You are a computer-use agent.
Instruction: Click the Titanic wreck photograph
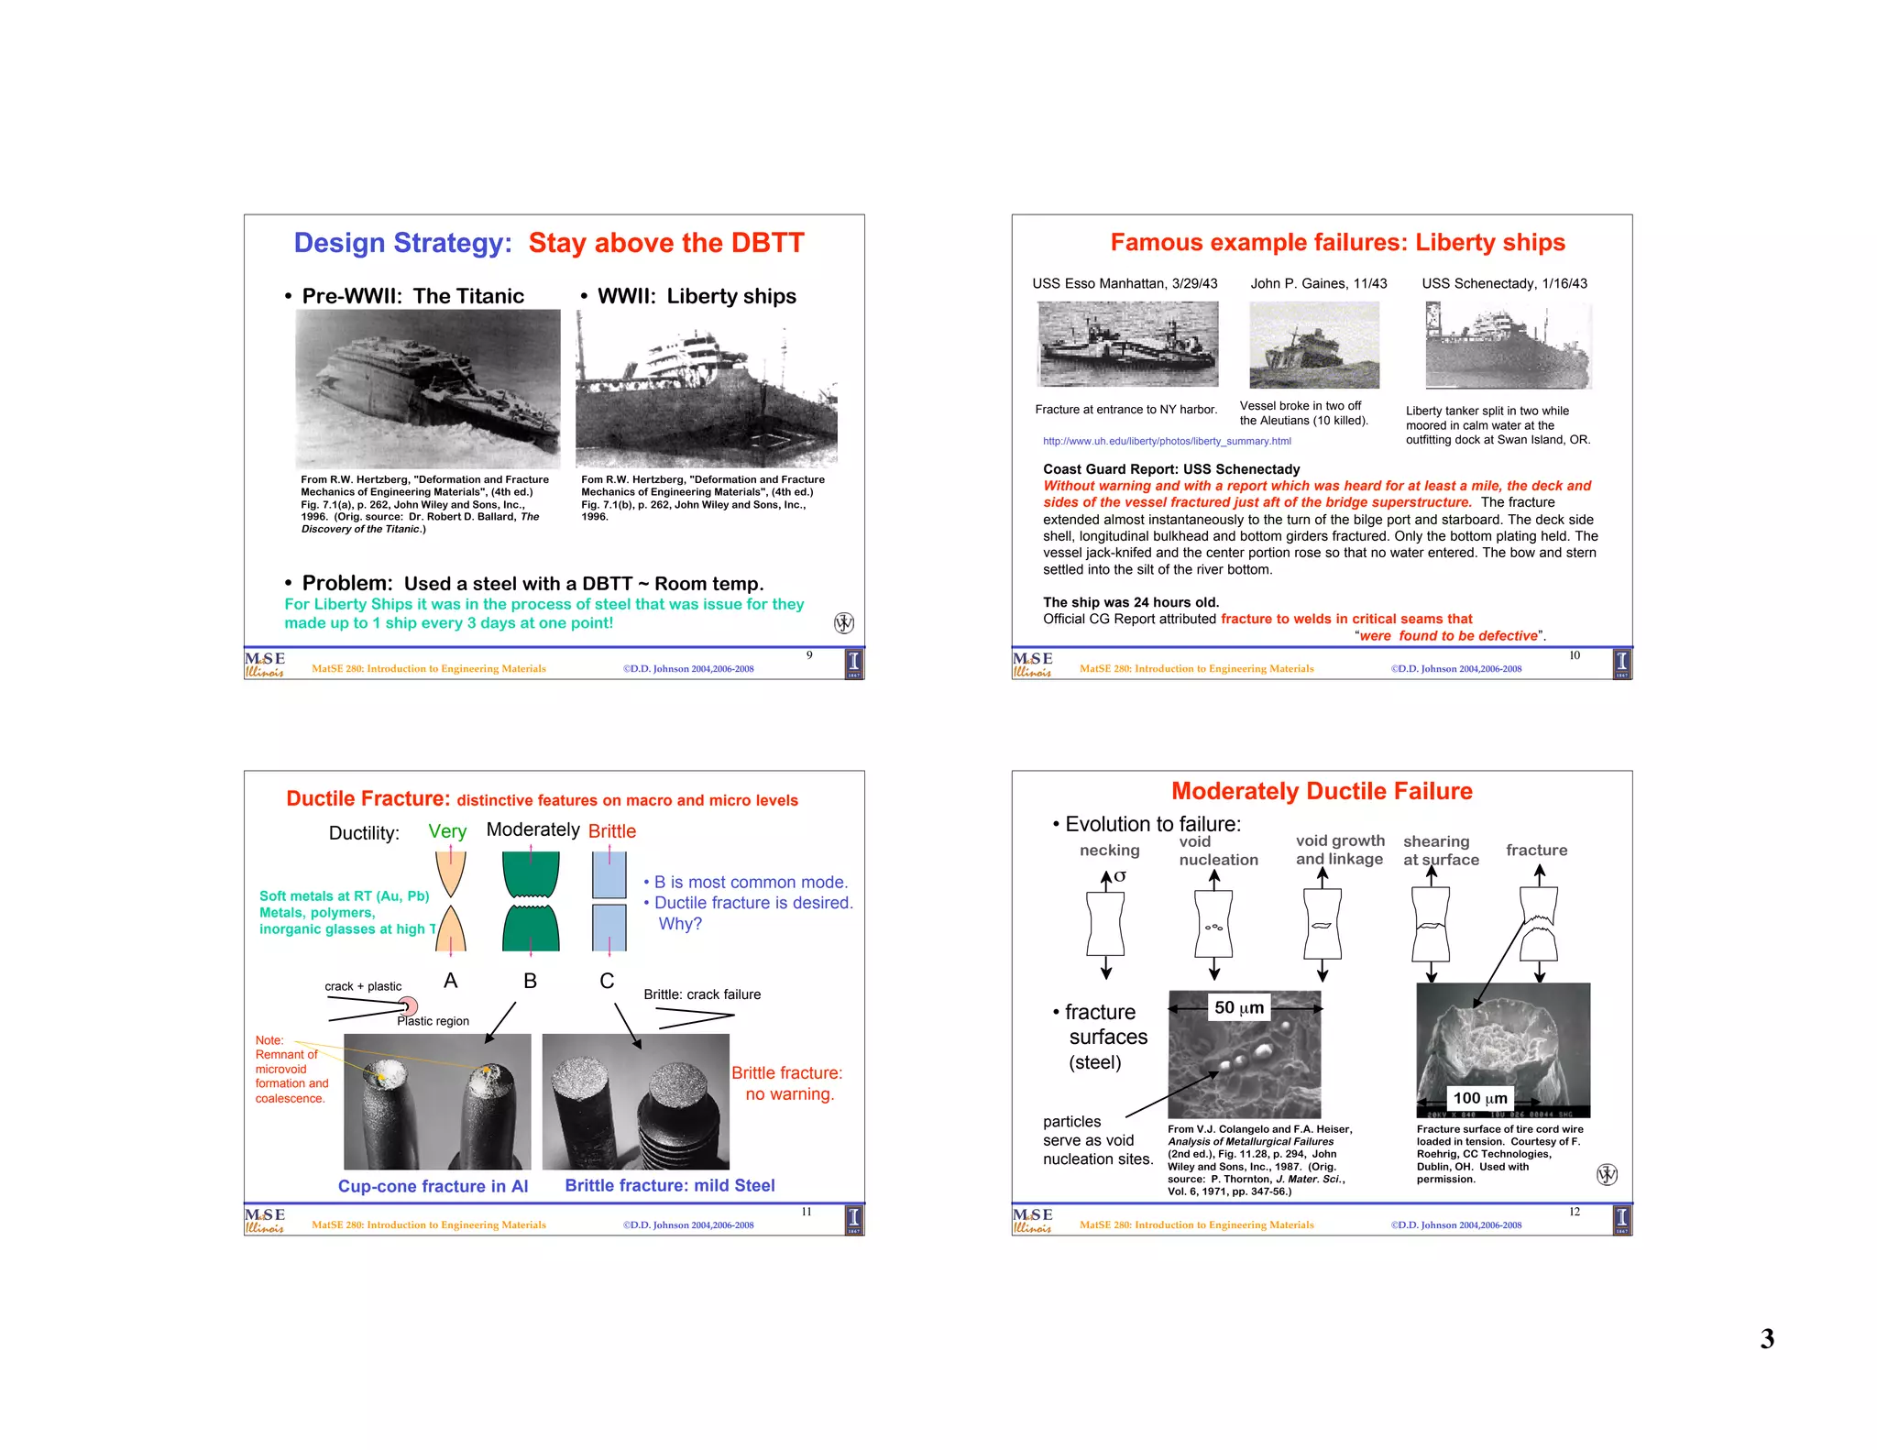(x=427, y=389)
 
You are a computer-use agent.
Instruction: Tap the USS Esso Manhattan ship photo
(x=1127, y=345)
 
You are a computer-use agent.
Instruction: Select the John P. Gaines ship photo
(x=1313, y=346)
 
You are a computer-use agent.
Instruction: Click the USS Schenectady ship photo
(x=1508, y=346)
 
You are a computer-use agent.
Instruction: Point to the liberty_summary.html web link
(x=1166, y=441)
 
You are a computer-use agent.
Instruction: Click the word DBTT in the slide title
(x=760, y=243)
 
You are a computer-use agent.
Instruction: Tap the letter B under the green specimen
(x=530, y=981)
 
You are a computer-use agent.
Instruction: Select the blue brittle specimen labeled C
(x=609, y=901)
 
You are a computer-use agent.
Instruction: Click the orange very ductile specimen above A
(x=450, y=901)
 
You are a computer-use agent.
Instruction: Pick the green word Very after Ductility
(x=447, y=831)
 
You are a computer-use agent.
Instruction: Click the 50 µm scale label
(x=1238, y=1007)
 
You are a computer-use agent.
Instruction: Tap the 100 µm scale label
(x=1479, y=1098)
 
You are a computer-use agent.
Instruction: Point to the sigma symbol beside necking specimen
(x=1120, y=876)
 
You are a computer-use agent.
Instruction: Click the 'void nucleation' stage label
(x=1217, y=851)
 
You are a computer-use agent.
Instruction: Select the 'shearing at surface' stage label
(x=1440, y=851)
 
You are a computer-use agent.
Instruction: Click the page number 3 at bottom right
(x=1766, y=1339)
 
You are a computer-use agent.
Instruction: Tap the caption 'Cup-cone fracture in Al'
(x=433, y=1186)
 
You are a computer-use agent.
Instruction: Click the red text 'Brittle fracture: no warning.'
(x=787, y=1083)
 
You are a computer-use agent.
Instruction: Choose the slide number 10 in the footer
(x=1574, y=655)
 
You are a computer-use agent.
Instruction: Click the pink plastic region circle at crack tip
(x=409, y=1006)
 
